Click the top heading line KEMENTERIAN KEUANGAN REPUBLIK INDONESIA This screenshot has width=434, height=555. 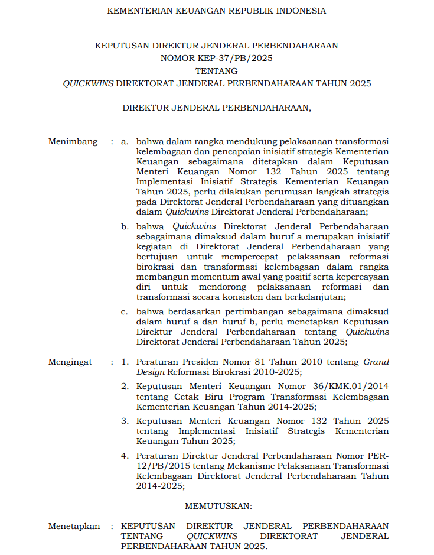[x=216, y=11]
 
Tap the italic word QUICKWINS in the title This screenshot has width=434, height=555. [x=88, y=83]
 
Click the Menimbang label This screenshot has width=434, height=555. [x=73, y=142]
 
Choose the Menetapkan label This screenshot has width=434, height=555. [x=74, y=526]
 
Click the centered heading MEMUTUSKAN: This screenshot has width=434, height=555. [x=218, y=506]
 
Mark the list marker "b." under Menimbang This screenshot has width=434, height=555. [x=125, y=226]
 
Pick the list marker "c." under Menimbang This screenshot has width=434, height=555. [x=125, y=311]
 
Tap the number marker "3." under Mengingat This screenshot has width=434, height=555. [x=125, y=421]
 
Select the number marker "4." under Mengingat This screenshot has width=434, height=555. [x=125, y=456]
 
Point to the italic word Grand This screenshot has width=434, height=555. [x=376, y=362]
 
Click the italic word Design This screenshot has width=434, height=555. [x=150, y=372]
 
